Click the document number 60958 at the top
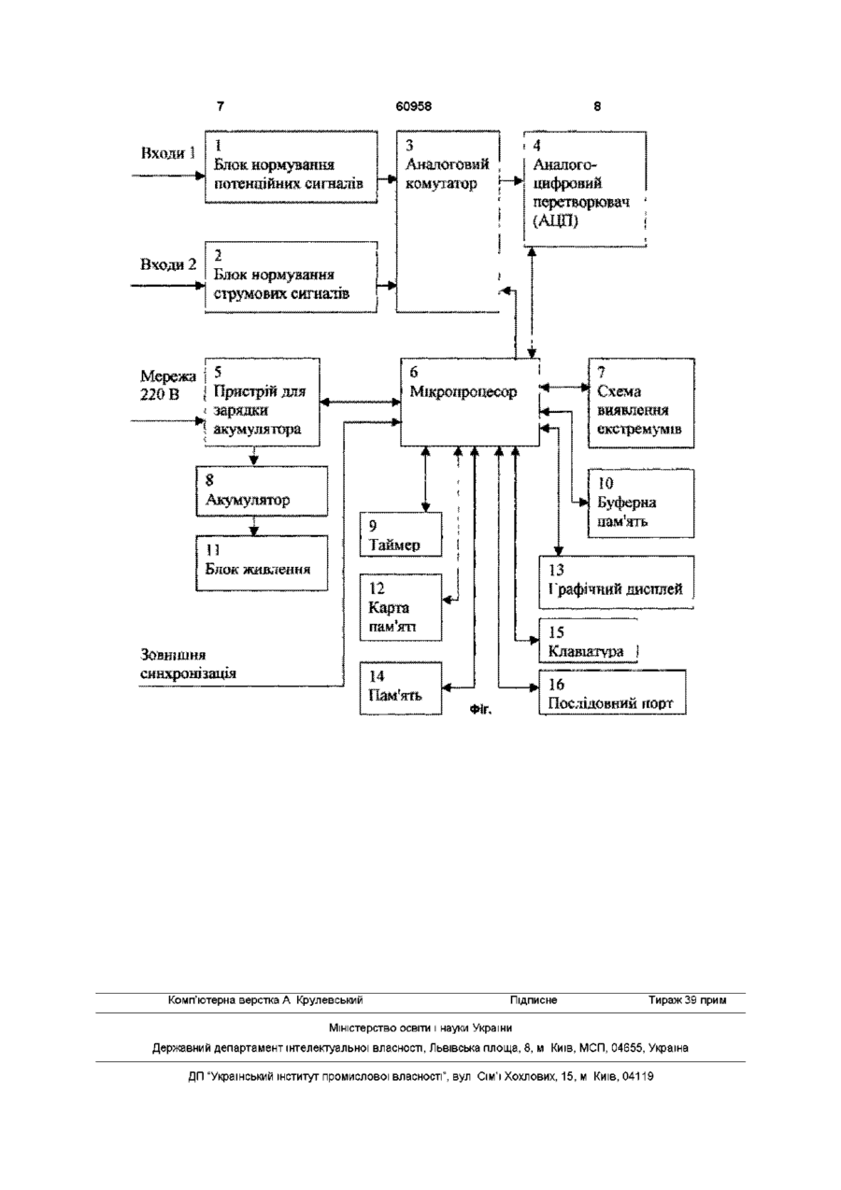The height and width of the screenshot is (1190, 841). point(413,106)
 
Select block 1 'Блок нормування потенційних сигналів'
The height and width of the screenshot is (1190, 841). point(292,167)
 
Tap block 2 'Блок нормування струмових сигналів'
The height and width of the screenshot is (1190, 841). point(292,277)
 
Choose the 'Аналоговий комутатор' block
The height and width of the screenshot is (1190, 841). point(448,221)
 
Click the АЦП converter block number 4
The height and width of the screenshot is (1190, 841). point(585,189)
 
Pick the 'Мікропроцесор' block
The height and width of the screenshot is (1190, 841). point(470,403)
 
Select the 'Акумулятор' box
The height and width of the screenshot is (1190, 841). point(262,491)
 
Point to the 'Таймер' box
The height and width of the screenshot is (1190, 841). point(401,534)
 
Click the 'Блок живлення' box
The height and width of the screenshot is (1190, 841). point(262,563)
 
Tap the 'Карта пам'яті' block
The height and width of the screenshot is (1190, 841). point(401,607)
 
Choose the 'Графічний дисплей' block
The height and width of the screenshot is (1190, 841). point(617,582)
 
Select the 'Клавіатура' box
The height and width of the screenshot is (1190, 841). point(589,641)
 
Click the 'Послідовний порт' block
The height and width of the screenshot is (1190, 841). point(612,692)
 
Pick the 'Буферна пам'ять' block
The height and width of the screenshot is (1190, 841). point(641,503)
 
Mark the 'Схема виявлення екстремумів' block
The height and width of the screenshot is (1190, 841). point(641,404)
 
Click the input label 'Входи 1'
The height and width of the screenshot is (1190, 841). point(168,153)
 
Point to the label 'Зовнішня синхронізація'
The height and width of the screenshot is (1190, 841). point(188,664)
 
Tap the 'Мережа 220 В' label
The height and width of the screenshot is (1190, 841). point(168,385)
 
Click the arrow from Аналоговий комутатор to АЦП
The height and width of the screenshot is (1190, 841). point(511,181)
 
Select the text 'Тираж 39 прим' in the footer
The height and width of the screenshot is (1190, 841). point(688,1000)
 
